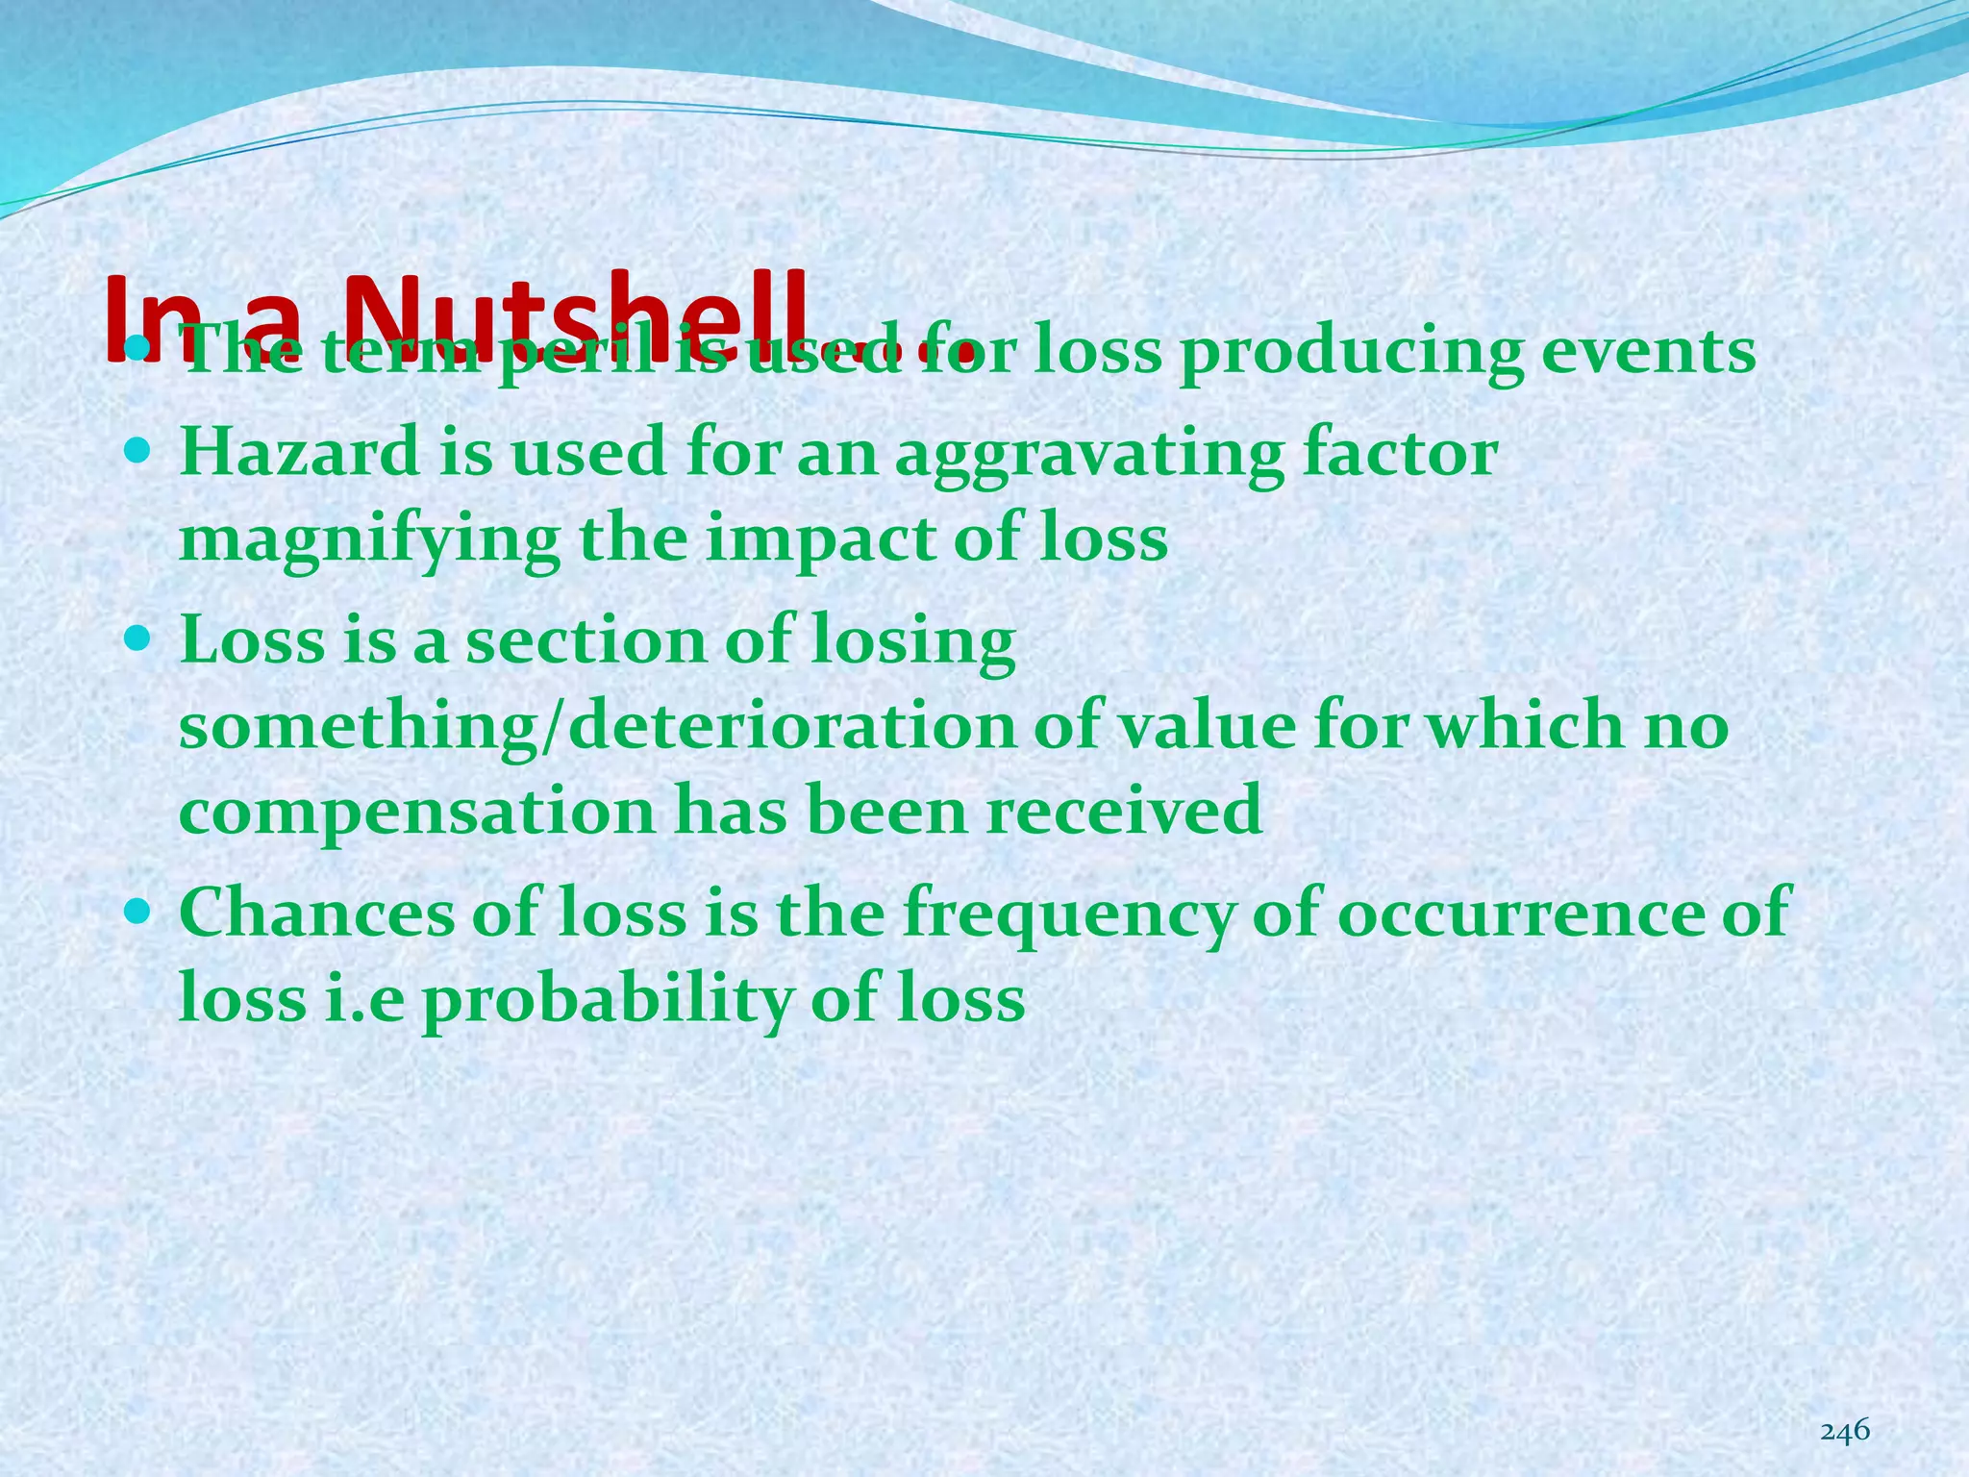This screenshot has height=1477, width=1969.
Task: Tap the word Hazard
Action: [299, 452]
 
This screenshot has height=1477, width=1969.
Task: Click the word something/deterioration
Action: [597, 726]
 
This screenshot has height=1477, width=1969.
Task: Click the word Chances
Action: [316, 912]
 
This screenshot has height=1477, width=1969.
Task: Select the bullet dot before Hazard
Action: [138, 449]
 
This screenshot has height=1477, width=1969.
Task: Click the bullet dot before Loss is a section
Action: [138, 636]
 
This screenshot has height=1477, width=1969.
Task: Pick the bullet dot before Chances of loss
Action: [138, 908]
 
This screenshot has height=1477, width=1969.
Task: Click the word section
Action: [586, 640]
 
